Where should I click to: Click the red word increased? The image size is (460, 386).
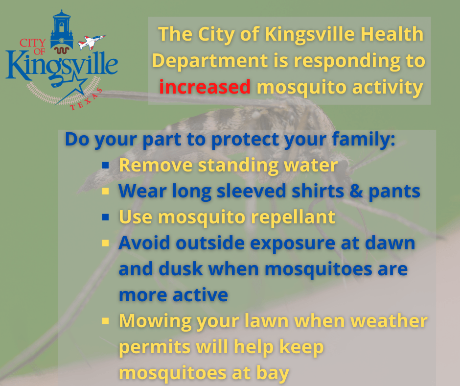(x=205, y=87)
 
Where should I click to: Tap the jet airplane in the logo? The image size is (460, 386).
(x=91, y=42)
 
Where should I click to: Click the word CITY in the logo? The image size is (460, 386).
(x=33, y=43)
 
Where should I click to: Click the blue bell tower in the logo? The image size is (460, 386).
(x=61, y=30)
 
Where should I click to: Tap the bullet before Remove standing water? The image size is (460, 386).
(x=106, y=165)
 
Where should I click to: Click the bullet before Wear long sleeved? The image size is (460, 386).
(x=106, y=192)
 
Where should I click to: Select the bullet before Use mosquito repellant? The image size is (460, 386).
(x=106, y=217)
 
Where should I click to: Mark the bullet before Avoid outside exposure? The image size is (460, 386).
(x=106, y=243)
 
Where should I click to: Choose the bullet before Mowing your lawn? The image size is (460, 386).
(x=106, y=321)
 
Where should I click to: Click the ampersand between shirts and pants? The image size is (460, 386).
(x=356, y=191)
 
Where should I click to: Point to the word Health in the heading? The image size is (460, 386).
(x=392, y=34)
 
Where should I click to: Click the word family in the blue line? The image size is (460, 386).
(x=364, y=139)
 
